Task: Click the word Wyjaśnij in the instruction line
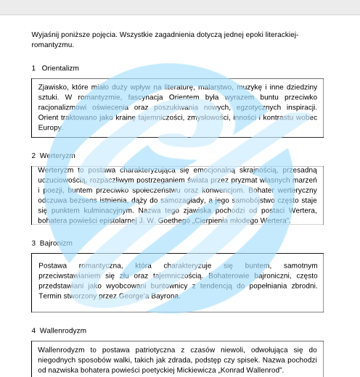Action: click(x=46, y=34)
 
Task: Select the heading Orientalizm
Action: click(x=60, y=67)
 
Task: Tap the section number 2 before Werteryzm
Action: click(x=33, y=155)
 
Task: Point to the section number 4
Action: click(x=33, y=331)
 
